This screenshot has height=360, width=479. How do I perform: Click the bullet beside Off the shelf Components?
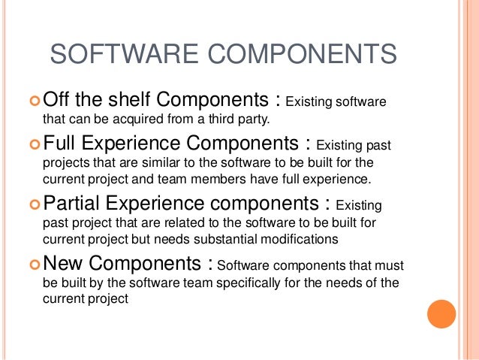34,101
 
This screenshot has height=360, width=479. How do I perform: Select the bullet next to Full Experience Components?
34,143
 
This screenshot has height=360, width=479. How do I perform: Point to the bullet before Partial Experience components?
34,204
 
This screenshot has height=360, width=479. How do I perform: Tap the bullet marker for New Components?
34,265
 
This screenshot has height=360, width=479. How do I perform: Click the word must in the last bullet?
387,265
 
